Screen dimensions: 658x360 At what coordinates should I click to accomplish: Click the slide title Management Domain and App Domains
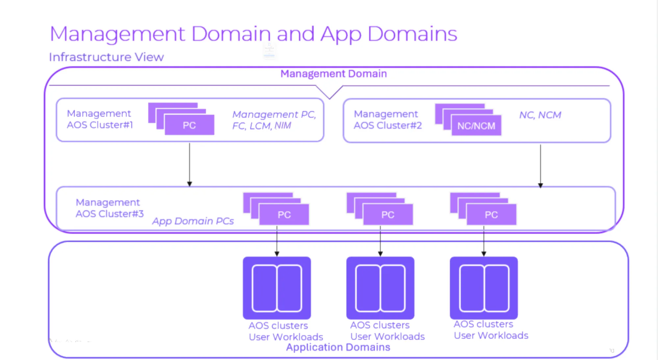[x=253, y=34]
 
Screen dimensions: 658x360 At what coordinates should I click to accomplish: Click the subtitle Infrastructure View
[x=106, y=57]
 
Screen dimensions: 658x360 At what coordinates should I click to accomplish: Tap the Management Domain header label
[x=334, y=74]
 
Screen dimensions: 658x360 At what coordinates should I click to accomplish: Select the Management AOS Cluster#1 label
[x=100, y=119]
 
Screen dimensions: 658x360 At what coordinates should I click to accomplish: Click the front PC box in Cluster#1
[x=190, y=125]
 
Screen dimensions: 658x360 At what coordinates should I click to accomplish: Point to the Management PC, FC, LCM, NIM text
[x=274, y=120]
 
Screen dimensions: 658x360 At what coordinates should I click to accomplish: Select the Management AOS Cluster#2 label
[x=388, y=119]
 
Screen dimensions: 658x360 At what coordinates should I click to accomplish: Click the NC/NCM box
[x=476, y=125]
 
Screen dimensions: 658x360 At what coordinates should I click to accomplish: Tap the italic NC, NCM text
[x=540, y=115]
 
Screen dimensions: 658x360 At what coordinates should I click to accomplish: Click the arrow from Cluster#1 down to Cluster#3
[x=190, y=165]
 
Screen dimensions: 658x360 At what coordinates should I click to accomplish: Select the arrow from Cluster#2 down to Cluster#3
[x=541, y=166]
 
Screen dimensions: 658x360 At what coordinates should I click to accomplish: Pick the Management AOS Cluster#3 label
[x=110, y=208]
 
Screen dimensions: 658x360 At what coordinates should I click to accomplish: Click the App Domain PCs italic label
[x=193, y=221]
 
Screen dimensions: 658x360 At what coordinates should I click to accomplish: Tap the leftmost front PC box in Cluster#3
[x=284, y=215]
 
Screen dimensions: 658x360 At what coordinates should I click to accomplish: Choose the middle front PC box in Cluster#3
[x=388, y=215]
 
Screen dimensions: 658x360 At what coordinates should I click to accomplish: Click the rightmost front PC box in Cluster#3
[x=492, y=215]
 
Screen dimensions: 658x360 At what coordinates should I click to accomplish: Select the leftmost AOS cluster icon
[x=277, y=288]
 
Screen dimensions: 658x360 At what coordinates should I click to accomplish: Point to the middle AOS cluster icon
[x=380, y=288]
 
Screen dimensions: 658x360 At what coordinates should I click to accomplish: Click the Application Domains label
[x=338, y=347]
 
